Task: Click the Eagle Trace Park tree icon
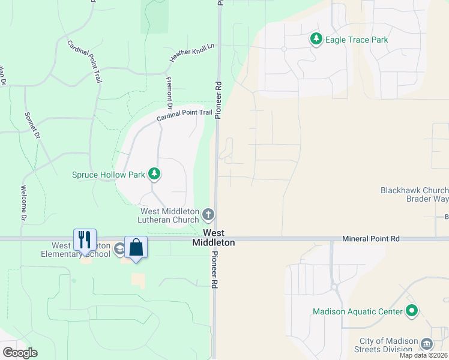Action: (x=316, y=40)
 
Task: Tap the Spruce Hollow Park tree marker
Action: (x=155, y=174)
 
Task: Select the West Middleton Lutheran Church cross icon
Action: (x=208, y=214)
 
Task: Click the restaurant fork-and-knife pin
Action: (x=85, y=239)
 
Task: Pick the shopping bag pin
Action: (x=136, y=248)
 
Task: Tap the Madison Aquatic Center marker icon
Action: (x=411, y=311)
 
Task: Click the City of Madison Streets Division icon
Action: (x=427, y=343)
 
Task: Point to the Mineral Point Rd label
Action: (x=370, y=238)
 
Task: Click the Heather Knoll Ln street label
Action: (x=192, y=53)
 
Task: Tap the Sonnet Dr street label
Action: (x=32, y=126)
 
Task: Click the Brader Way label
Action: (x=427, y=199)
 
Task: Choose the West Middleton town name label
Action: (x=214, y=238)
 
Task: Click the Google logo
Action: (x=20, y=353)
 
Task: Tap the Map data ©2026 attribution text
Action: (x=423, y=355)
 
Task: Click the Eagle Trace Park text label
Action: (x=357, y=40)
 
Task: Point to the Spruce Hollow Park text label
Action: (x=109, y=175)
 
